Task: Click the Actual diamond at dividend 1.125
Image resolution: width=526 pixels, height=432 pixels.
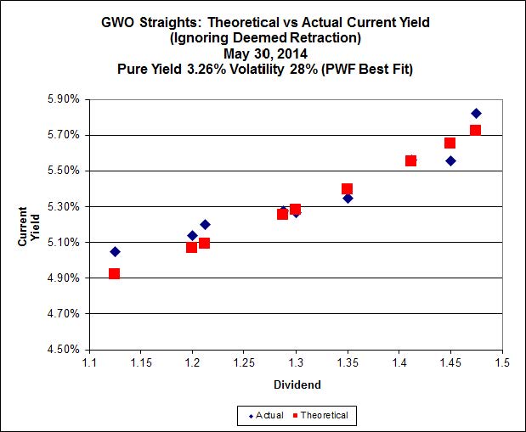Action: pyautogui.click(x=115, y=251)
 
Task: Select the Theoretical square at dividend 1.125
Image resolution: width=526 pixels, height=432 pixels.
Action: pyautogui.click(x=114, y=273)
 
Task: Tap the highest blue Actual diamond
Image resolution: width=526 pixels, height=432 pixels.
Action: pyautogui.click(x=476, y=113)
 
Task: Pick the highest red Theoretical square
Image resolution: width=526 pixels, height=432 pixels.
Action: pyautogui.click(x=475, y=130)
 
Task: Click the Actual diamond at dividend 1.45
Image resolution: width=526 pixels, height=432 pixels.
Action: pyautogui.click(x=450, y=160)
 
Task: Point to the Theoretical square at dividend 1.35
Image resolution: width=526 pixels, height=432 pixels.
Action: pyautogui.click(x=347, y=188)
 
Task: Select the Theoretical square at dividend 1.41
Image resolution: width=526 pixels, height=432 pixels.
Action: pyautogui.click(x=410, y=160)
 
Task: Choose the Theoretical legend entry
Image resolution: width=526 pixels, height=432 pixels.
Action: pyautogui.click(x=321, y=415)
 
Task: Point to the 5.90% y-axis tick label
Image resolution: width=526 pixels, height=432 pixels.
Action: pyautogui.click(x=63, y=99)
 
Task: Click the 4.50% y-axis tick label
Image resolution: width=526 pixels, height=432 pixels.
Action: pyautogui.click(x=63, y=349)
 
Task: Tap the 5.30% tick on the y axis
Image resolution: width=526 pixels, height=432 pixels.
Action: pyautogui.click(x=63, y=206)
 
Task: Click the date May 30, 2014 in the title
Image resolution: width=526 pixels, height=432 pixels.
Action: pyautogui.click(x=264, y=53)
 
